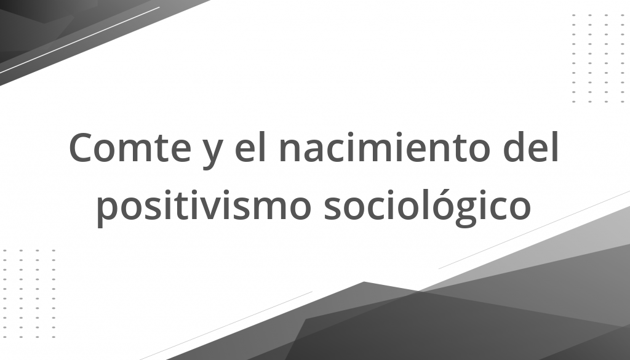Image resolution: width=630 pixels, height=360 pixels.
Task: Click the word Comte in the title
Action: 130,147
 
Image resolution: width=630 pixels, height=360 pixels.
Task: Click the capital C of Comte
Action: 82,147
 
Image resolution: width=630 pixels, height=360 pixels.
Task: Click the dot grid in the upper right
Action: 598,58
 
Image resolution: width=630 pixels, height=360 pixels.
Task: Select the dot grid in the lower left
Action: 29,294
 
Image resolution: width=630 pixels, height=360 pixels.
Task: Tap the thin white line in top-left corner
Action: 79,40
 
